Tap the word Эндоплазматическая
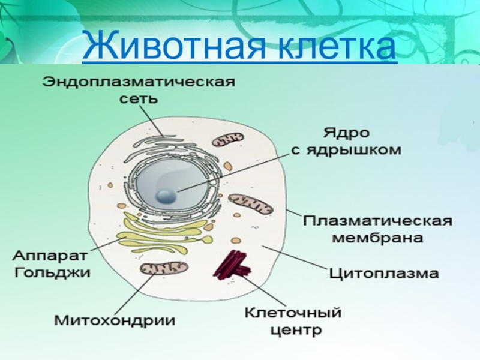(x=137, y=82)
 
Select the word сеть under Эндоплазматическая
(x=138, y=98)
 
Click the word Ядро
(x=347, y=131)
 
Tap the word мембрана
(x=377, y=238)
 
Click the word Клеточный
(x=293, y=312)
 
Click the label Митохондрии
(x=115, y=320)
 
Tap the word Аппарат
(x=49, y=255)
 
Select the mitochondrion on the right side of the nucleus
(x=251, y=205)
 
